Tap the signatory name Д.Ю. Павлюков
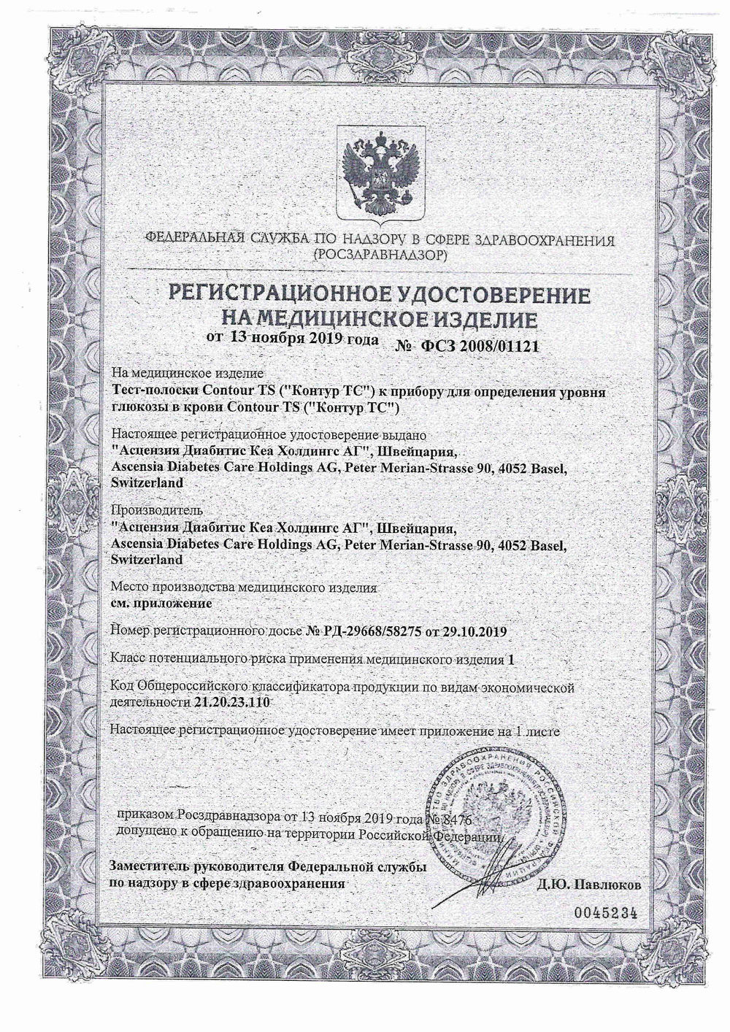point(589,885)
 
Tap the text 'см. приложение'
point(160,604)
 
